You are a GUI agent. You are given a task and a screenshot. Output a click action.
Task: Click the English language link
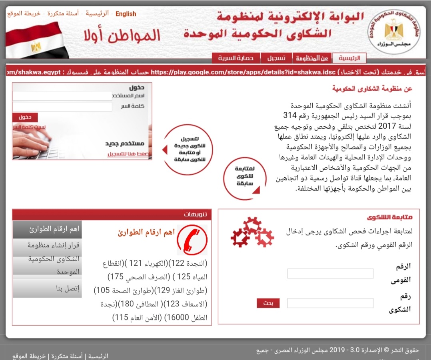[126, 14]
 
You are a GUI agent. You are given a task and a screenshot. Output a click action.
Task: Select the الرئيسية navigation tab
[349, 58]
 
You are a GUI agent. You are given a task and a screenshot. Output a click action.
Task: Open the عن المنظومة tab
[312, 58]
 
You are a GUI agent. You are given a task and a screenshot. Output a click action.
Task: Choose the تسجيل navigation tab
[276, 58]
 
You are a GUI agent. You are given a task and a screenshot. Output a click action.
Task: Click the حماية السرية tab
[236, 58]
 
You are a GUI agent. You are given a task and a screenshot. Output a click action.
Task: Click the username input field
[62, 96]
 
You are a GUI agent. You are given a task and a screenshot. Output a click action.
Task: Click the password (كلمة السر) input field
[62, 107]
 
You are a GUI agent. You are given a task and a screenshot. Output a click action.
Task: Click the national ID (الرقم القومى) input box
[330, 273]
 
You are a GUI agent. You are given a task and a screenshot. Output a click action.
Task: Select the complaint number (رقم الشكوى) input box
[330, 303]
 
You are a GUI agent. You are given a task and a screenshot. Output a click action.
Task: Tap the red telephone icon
[192, 240]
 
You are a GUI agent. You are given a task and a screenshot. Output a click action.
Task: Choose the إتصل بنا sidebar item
[47, 288]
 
